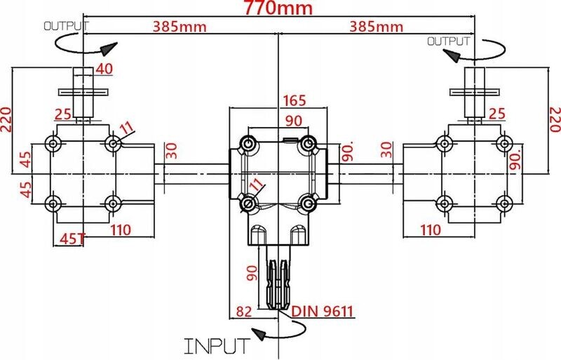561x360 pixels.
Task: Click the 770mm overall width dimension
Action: point(278,8)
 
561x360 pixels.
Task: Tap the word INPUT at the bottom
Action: point(217,346)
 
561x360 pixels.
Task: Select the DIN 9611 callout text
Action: point(323,312)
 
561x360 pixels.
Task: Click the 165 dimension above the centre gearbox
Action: point(294,100)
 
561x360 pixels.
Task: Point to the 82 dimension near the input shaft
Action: point(244,312)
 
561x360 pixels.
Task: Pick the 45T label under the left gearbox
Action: point(73,239)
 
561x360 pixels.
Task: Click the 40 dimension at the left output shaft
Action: point(104,69)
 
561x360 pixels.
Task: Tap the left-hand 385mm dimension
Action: point(180,27)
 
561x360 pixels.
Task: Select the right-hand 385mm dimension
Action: point(376,27)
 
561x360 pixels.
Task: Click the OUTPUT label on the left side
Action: point(66,26)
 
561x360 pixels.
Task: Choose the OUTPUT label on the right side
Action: point(449,41)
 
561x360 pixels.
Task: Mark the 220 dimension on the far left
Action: point(7,119)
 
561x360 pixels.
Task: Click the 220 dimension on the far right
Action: point(555,119)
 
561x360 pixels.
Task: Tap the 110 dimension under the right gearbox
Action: point(430,230)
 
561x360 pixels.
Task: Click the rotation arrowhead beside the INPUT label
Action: point(259,334)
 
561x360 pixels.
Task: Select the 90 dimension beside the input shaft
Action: point(252,273)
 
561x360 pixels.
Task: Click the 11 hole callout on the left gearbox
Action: point(126,129)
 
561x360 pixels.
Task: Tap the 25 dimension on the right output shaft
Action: point(497,114)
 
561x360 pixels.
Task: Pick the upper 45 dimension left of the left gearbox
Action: point(25,159)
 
